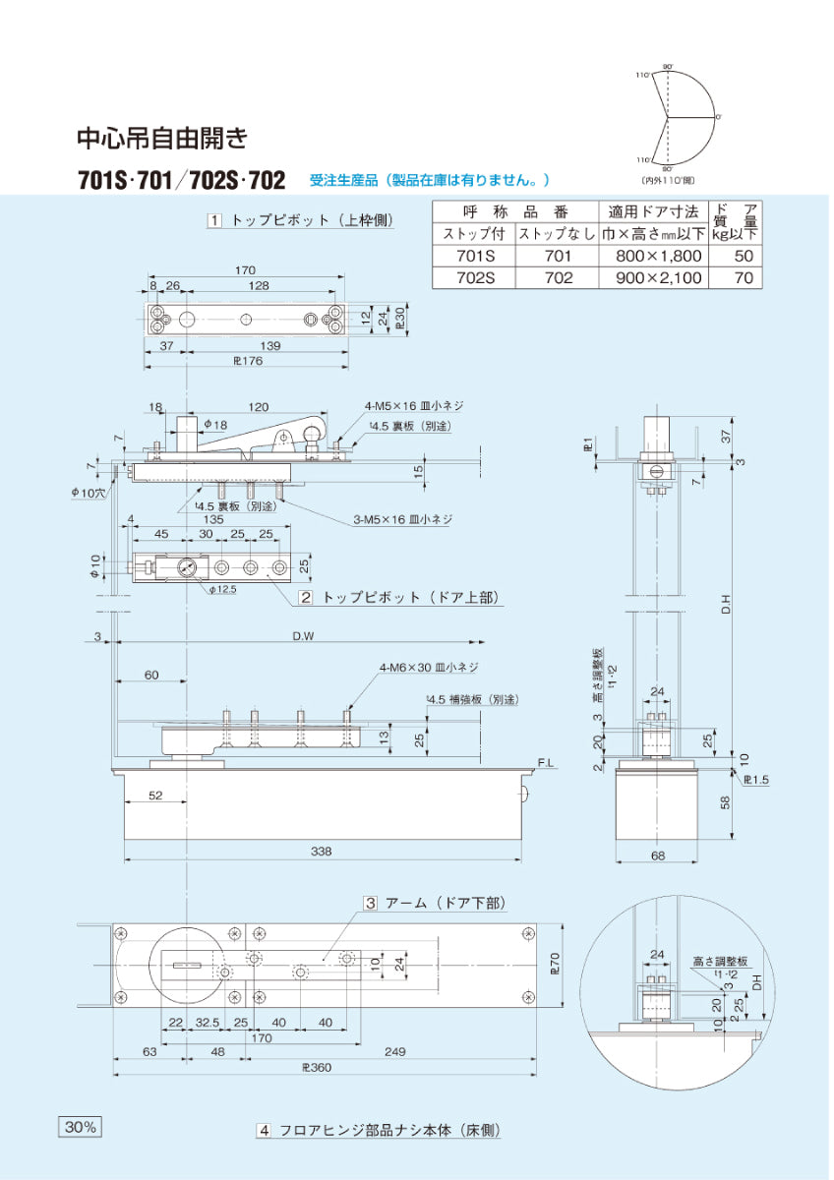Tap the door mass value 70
coord(743,278)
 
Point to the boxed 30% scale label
coord(80,1127)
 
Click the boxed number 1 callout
coord(213,220)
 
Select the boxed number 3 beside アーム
coord(371,903)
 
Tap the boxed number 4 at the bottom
coord(265,1131)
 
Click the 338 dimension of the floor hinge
coord(322,851)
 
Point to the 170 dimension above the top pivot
coord(245,270)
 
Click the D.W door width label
coord(302,636)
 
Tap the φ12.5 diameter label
coord(222,589)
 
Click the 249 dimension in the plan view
coord(394,1052)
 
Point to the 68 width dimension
coord(658,855)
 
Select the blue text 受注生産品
coord(342,180)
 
